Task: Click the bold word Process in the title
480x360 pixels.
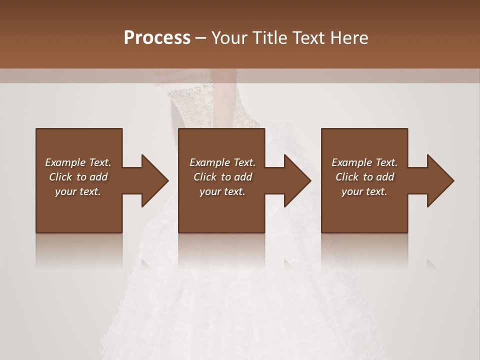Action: coord(157,38)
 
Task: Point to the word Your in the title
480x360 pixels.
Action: coord(229,38)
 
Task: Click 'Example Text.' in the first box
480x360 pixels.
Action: coord(78,162)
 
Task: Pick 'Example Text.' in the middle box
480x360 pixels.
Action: coord(222,162)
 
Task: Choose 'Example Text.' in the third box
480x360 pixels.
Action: coord(364,162)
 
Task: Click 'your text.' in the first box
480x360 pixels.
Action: coord(78,191)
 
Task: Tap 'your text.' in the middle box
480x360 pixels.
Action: coord(222,191)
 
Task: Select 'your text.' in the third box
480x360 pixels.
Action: coord(364,191)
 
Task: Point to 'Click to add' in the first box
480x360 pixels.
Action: coord(78,177)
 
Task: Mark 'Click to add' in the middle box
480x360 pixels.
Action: coord(222,177)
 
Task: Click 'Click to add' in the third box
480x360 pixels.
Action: coord(364,177)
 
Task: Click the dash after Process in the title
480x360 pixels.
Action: coord(201,38)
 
